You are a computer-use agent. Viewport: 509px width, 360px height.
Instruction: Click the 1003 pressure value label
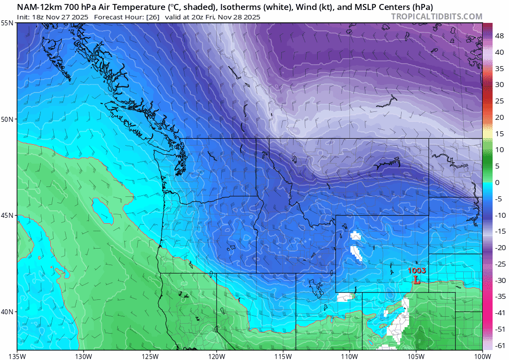tap(417, 270)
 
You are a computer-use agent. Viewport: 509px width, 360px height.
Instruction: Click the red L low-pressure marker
tap(417, 280)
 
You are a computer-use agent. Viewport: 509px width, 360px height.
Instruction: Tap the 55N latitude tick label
tap(7, 23)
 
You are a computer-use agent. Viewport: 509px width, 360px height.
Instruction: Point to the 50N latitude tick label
tap(7, 119)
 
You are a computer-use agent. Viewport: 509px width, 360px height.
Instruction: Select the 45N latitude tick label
tap(7, 215)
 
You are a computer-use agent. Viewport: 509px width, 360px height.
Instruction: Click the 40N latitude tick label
tap(7, 311)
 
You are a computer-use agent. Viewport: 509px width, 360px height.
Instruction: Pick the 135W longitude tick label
tap(17, 355)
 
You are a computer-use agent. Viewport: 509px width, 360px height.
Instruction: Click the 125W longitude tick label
tap(150, 355)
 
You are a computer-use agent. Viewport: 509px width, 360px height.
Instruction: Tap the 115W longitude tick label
tap(283, 355)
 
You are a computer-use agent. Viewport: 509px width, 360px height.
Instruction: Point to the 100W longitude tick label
tap(482, 355)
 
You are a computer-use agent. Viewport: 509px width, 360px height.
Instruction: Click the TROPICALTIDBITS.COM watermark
tap(436, 16)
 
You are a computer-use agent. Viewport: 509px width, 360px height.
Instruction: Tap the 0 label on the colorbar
tap(497, 182)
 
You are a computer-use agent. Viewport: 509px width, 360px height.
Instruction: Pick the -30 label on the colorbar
tap(500, 280)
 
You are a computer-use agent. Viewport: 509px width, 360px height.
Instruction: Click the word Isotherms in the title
tap(237, 7)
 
